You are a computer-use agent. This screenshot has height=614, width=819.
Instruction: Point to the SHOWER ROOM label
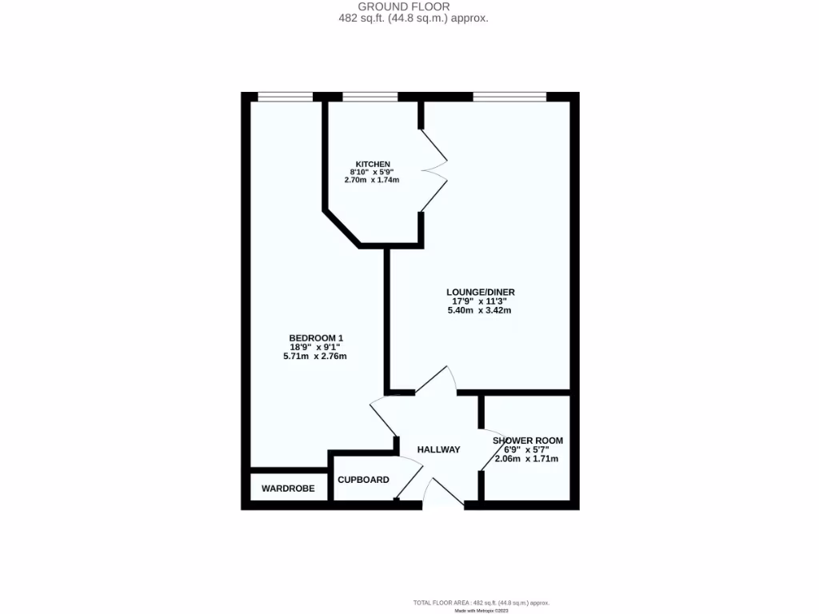point(527,441)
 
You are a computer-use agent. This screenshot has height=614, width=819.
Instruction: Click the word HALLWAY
point(438,450)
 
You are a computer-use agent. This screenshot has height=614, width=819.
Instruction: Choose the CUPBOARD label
point(363,480)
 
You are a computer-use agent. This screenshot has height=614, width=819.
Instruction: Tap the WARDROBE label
point(288,488)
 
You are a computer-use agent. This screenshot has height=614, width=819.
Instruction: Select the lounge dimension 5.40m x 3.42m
point(480,310)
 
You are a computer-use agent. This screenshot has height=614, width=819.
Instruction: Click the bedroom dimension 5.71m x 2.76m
point(314,357)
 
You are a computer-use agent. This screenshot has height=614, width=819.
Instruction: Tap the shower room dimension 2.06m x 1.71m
point(526,459)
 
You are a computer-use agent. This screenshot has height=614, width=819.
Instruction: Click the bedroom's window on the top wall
point(285,97)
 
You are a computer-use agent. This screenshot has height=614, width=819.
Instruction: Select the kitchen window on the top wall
point(370,97)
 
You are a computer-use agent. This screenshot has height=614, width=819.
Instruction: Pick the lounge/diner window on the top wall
point(509,97)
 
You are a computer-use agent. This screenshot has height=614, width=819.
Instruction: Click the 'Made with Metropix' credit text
point(481,610)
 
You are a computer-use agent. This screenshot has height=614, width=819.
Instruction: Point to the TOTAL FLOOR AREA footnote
point(481,602)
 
